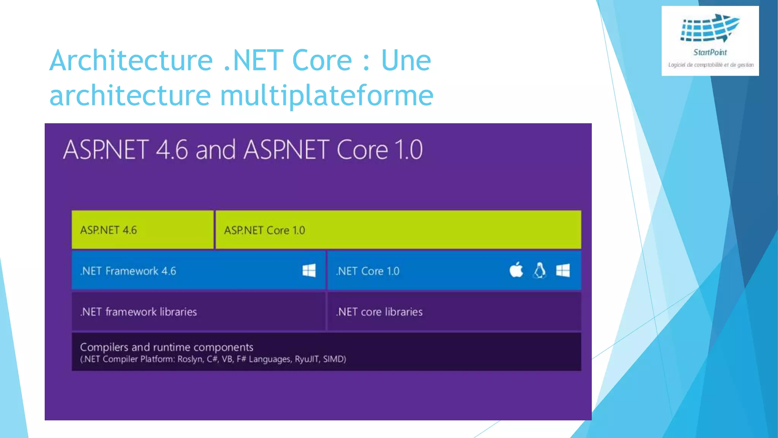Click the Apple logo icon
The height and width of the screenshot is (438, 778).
coord(516,270)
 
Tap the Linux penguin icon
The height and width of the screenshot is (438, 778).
coord(539,271)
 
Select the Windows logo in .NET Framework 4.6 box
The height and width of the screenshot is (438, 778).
coord(309,271)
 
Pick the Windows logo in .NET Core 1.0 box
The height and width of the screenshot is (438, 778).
coord(563,271)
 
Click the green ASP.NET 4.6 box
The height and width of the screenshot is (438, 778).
coord(142,230)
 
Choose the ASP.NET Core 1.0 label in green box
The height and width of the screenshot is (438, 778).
coord(264,230)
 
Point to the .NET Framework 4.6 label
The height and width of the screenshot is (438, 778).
coord(128,271)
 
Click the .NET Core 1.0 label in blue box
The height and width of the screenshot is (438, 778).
coord(367,271)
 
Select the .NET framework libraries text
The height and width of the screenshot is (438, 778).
coord(138,312)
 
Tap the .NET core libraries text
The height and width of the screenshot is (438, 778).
coord(379,312)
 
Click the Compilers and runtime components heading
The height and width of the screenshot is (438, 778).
coord(166,347)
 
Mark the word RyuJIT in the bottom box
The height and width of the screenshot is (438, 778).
coord(307,359)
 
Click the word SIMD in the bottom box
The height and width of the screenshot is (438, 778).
coord(334,359)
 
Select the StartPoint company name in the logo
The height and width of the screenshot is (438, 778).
coord(710,52)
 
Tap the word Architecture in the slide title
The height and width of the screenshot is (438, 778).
coord(131,60)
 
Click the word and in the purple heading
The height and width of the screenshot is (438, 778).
coord(215,150)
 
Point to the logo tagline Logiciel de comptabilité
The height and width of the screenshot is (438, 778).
coord(695,65)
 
